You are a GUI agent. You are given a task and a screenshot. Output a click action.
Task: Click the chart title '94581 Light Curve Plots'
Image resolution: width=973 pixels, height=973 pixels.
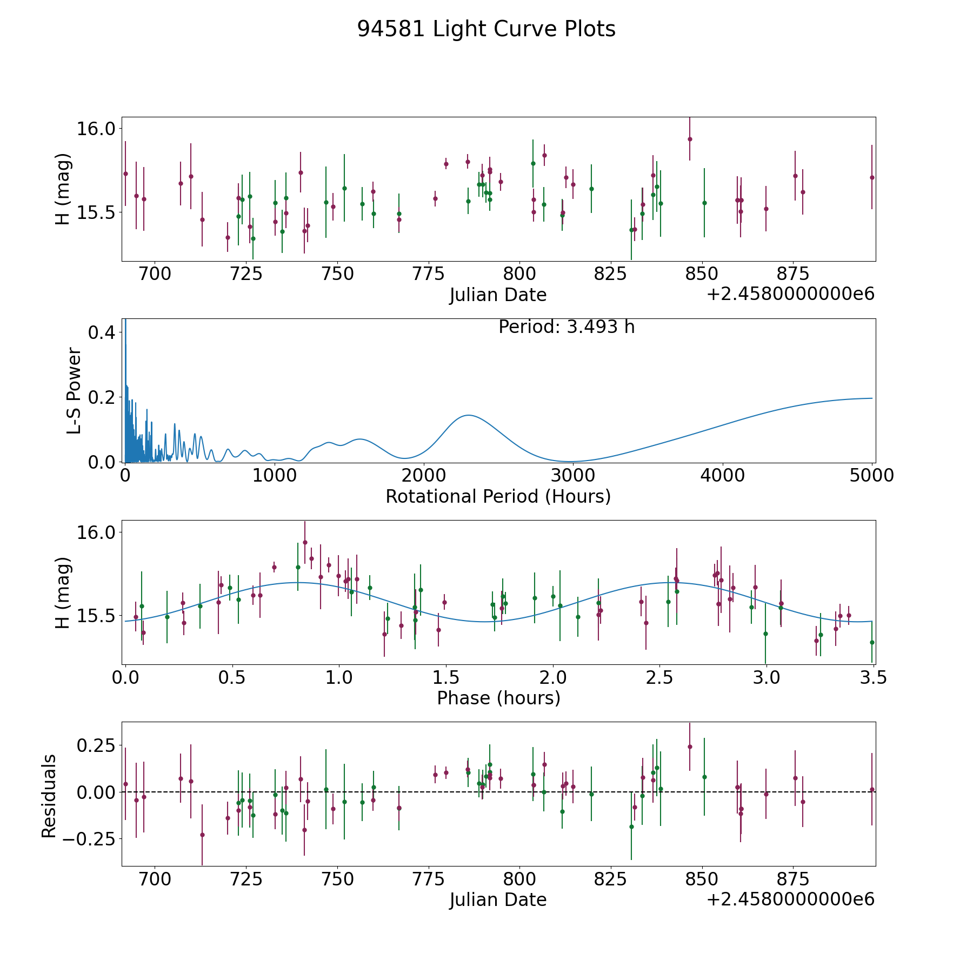[486, 29]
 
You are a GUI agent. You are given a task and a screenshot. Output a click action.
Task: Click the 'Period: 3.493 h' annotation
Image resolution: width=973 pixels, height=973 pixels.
[567, 327]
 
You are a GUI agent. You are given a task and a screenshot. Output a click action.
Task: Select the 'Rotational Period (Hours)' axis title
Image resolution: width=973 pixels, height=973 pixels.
[498, 496]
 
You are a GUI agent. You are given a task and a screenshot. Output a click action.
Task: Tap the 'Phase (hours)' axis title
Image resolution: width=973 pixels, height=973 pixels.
[498, 698]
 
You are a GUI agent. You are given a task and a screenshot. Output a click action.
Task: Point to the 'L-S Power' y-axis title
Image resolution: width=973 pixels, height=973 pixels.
[74, 391]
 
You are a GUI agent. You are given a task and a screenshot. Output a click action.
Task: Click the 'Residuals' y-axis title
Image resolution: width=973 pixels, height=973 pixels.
[49, 796]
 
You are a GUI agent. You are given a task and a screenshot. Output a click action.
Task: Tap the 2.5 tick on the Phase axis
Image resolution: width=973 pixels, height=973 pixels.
[659, 678]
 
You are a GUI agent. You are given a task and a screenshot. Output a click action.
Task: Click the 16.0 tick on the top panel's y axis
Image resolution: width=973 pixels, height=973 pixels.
[96, 129]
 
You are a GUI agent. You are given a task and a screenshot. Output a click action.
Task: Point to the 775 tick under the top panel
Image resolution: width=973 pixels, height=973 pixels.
[428, 274]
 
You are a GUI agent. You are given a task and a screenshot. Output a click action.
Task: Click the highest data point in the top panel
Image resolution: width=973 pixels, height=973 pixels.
[690, 139]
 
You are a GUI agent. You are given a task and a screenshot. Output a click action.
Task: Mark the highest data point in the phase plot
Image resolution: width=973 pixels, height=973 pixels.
[305, 542]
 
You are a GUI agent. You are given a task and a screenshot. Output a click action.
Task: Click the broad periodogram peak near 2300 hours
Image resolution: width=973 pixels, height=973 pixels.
[468, 415]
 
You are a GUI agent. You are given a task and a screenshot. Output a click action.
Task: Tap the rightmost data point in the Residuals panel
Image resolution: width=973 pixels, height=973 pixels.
[871, 790]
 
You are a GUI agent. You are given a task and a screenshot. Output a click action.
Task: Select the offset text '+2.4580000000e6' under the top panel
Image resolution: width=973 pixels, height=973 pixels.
[790, 294]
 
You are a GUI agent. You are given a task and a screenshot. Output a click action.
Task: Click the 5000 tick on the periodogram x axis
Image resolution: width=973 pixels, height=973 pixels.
[871, 476]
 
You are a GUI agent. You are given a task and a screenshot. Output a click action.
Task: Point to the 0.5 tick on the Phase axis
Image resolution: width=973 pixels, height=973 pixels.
[232, 678]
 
